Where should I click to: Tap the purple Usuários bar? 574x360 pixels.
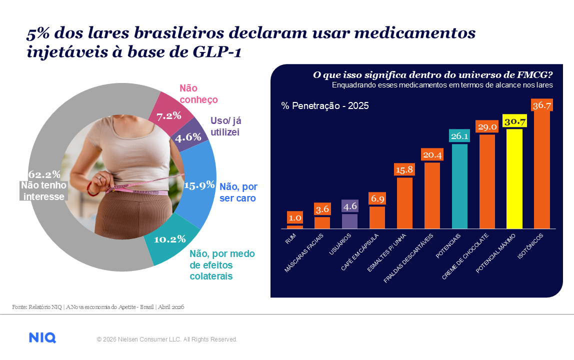coord(349,220)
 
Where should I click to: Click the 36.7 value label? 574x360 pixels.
coord(542,105)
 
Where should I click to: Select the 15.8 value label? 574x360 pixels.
coord(404,170)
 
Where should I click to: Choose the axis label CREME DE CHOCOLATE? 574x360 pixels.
coord(465,254)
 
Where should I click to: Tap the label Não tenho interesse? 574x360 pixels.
coord(42,190)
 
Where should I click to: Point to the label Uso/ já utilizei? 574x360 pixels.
coord(225,126)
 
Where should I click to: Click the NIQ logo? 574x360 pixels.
coord(42,338)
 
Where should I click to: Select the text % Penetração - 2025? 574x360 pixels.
coord(325,105)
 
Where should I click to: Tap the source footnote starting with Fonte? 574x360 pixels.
coord(98,306)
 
